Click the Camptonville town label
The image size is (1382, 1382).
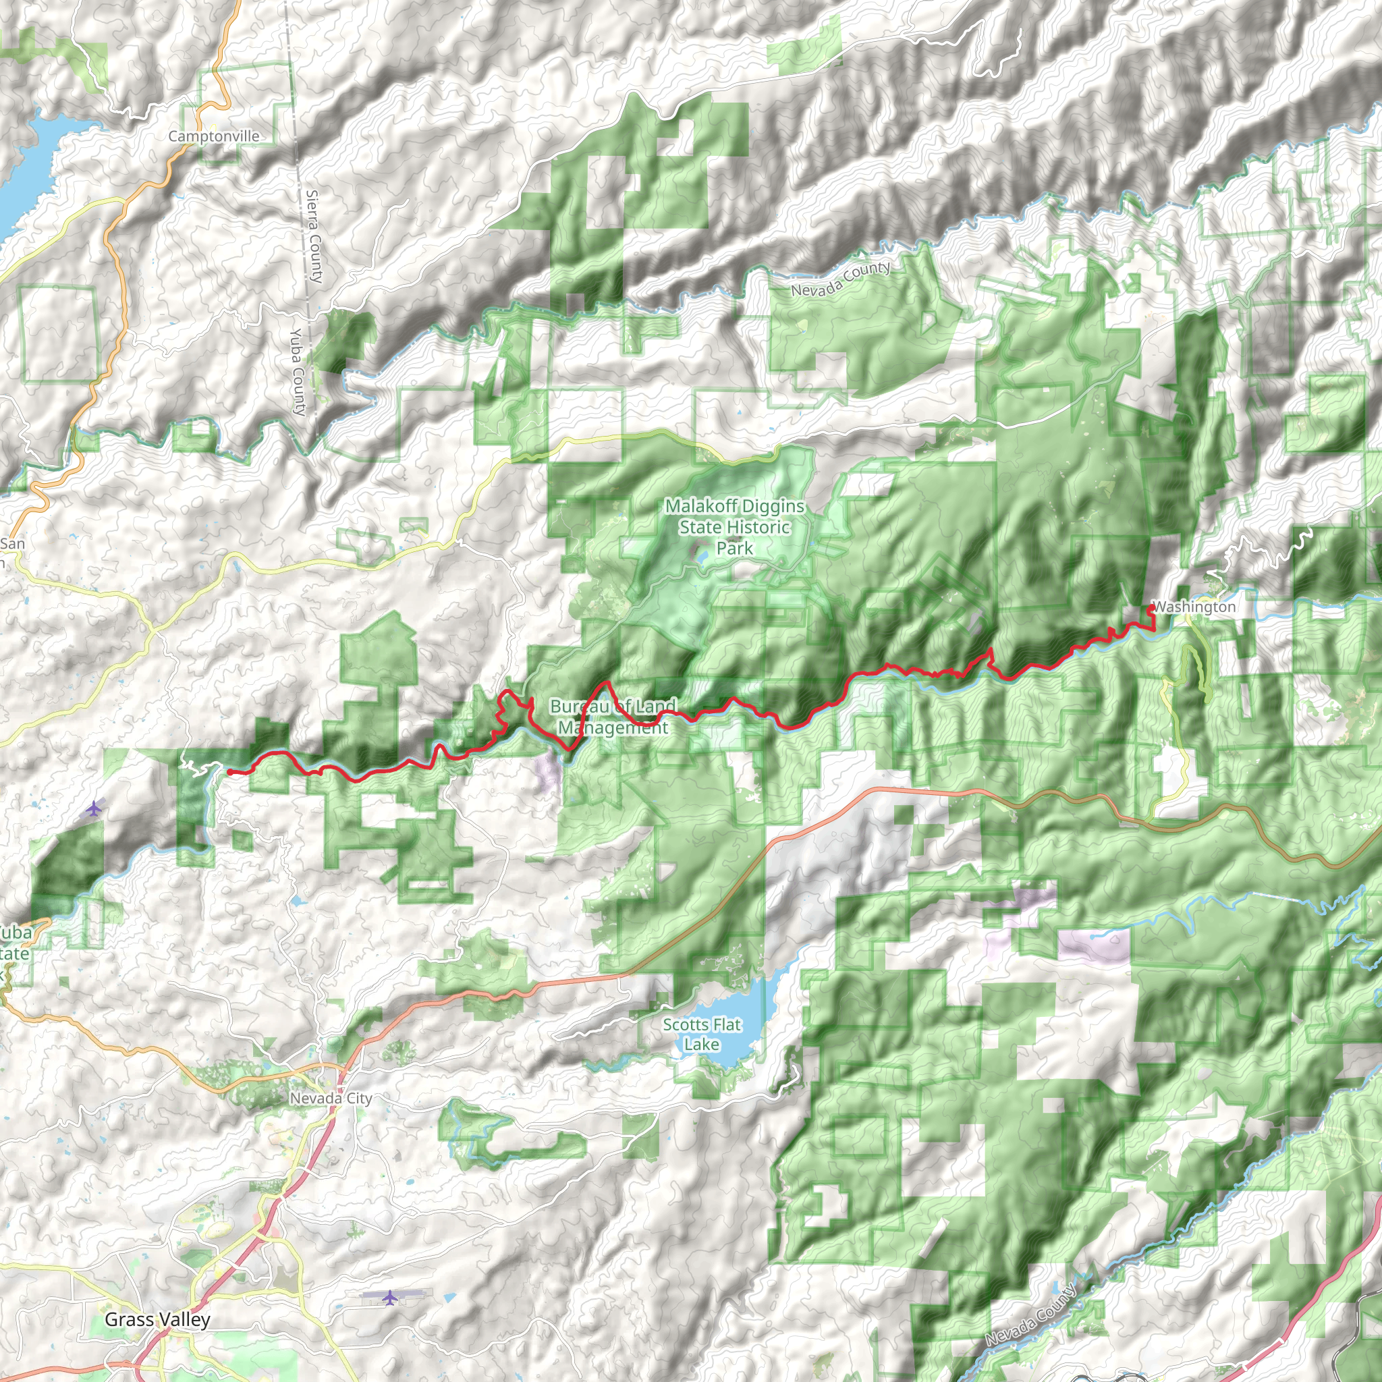[x=214, y=136]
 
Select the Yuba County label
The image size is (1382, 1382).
[x=298, y=371]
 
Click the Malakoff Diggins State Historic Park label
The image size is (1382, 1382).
[x=735, y=526]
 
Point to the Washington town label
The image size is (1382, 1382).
[x=1194, y=607]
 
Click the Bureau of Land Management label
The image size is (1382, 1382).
[x=613, y=717]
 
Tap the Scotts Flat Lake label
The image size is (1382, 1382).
[x=701, y=1034]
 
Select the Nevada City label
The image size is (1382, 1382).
[x=331, y=1097]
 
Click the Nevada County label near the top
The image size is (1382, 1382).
[x=841, y=278]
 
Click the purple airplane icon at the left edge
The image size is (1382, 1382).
[x=94, y=808]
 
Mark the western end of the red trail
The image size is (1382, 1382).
[x=229, y=772]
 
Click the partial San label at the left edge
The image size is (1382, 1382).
[x=12, y=544]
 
